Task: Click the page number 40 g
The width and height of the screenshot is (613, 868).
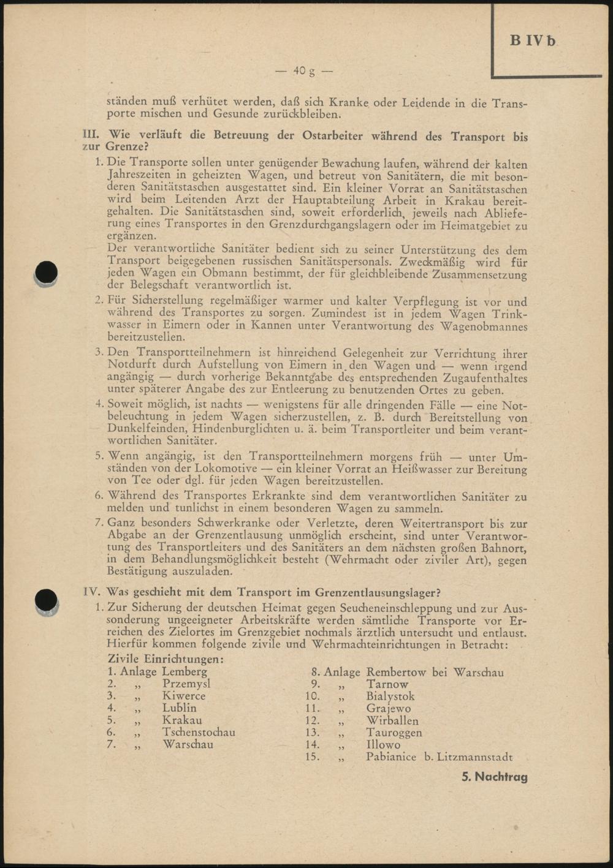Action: coord(303,70)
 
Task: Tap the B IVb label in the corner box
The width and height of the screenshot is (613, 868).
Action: coord(533,41)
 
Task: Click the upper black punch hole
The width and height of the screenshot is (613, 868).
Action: coord(47,273)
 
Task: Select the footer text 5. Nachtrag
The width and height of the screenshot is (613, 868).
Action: coord(495,777)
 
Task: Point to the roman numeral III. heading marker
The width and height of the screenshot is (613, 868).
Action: coord(92,136)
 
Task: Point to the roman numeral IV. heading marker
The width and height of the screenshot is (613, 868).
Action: coord(93,592)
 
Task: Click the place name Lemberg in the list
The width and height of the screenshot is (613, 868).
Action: coord(185,672)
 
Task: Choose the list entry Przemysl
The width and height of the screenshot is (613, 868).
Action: coord(186,684)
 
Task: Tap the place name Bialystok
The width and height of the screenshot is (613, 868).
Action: coord(390,696)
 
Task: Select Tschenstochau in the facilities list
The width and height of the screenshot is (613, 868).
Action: coord(199,732)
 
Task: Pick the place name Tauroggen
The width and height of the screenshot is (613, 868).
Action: coord(394,733)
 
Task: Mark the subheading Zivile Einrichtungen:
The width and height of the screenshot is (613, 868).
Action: coord(165,660)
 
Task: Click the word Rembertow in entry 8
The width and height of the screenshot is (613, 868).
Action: coord(395,672)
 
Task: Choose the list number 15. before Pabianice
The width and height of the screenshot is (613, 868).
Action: coord(312,757)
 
